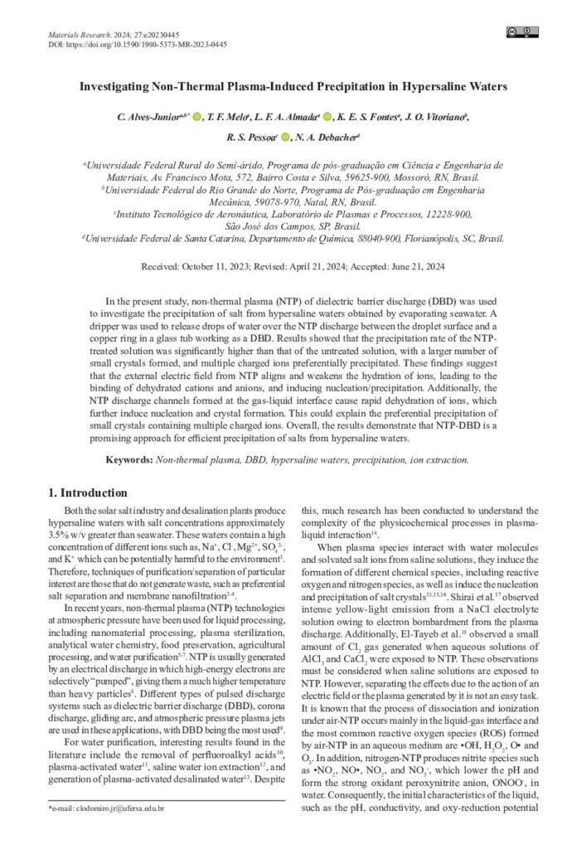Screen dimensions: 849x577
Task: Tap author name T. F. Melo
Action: click(x=227, y=117)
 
